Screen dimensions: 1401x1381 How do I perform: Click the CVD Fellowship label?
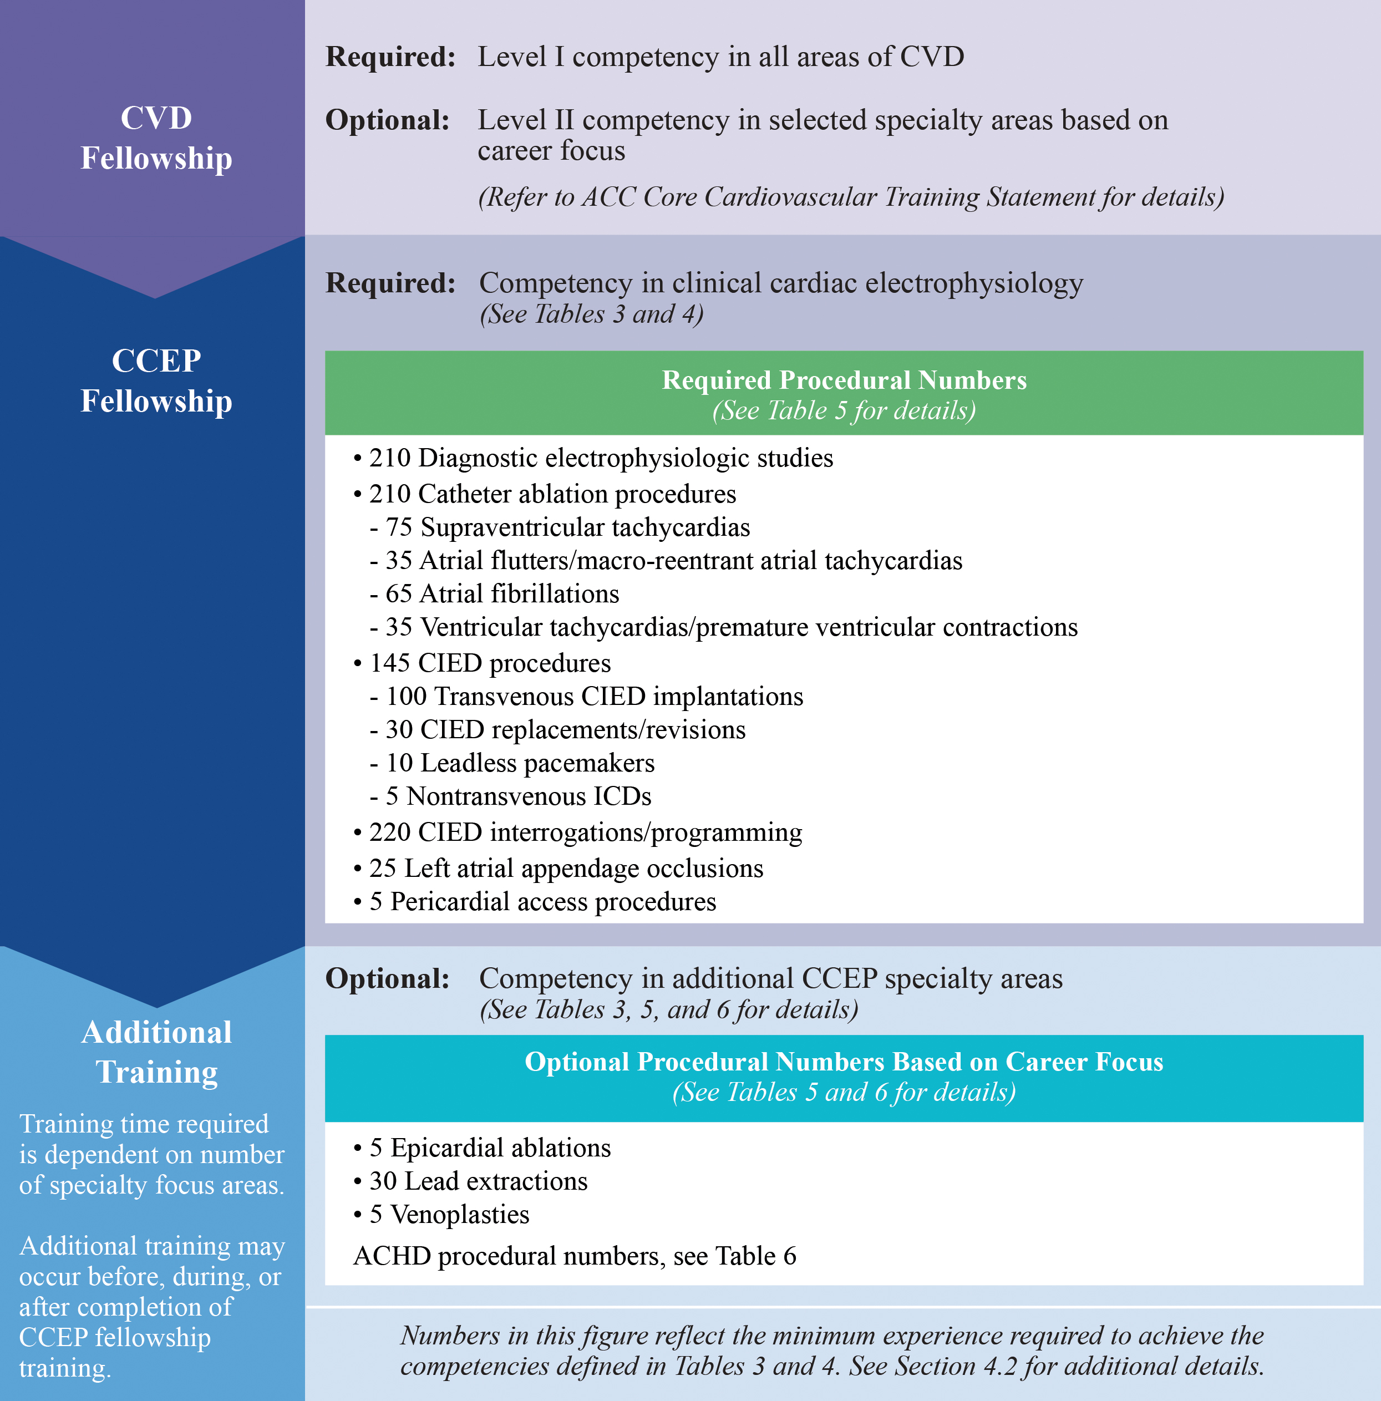[156, 138]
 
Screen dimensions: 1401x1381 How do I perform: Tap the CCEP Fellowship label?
[156, 380]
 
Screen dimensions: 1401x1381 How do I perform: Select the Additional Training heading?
[156, 1052]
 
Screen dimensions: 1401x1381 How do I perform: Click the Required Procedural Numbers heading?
[844, 380]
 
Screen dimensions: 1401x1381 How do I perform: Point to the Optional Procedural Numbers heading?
[844, 1062]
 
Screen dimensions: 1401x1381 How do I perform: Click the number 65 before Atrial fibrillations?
[398, 594]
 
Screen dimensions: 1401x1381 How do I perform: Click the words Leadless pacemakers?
[537, 763]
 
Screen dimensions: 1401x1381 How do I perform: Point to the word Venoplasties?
[460, 1215]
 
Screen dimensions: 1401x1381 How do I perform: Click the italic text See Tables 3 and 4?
[591, 314]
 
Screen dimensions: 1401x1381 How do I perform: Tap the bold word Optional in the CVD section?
[387, 120]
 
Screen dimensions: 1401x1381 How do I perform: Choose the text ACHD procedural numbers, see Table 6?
[575, 1257]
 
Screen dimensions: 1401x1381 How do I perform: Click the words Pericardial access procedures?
[553, 901]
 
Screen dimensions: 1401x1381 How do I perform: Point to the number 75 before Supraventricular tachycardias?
[398, 527]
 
